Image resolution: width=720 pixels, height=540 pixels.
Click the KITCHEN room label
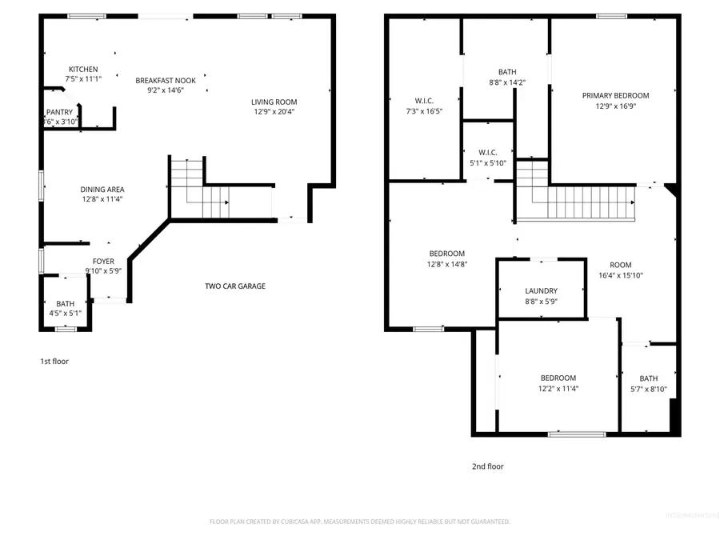[84, 69]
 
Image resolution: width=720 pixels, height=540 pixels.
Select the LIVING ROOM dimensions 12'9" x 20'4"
[274, 112]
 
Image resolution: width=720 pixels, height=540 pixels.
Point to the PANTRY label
[60, 112]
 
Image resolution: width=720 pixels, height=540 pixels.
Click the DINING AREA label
[101, 189]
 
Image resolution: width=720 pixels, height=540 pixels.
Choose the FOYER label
[103, 261]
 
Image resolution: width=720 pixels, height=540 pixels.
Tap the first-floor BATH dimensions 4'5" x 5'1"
[66, 314]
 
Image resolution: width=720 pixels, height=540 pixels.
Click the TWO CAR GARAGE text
[235, 286]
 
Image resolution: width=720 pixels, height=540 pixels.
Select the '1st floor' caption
[54, 362]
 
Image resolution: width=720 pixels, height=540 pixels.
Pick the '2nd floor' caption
[487, 466]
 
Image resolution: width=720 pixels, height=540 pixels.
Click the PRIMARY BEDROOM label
[615, 95]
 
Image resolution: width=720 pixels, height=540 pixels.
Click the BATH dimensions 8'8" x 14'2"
[506, 82]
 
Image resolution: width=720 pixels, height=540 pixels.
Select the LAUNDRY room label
[542, 291]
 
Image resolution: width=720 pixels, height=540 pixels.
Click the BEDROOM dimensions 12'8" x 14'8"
[446, 264]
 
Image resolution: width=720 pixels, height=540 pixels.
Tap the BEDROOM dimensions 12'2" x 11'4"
[558, 389]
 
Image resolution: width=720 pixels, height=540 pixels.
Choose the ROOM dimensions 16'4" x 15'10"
[621, 275]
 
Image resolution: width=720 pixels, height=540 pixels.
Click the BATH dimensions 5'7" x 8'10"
[648, 390]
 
